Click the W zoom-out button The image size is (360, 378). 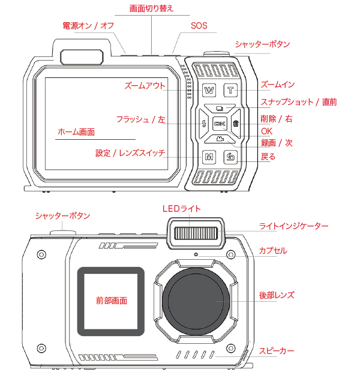click(209, 91)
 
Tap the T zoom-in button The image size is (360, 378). click(232, 91)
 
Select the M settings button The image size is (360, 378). click(209, 158)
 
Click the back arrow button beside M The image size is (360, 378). click(232, 158)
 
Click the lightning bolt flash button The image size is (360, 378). click(205, 124)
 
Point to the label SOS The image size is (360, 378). click(199, 26)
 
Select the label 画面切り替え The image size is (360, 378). click(152, 8)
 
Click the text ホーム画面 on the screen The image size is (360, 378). click(76, 131)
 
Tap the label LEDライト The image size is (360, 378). click(182, 208)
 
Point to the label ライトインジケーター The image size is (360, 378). click(293, 226)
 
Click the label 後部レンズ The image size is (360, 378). click(276, 296)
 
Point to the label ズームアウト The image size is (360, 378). click(144, 86)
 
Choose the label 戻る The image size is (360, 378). click(268, 157)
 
